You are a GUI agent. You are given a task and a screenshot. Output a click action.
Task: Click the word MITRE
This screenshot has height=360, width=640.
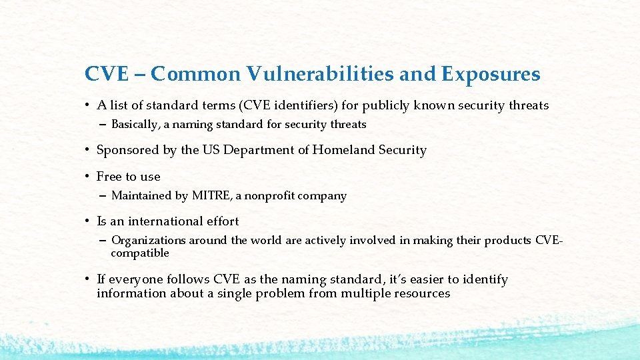tap(210, 196)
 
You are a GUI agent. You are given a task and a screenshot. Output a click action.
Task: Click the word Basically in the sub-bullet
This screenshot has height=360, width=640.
tap(136, 124)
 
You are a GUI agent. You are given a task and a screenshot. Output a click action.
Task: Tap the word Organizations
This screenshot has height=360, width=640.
tap(149, 240)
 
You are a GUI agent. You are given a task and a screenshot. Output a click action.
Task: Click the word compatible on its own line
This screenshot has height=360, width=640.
tap(140, 253)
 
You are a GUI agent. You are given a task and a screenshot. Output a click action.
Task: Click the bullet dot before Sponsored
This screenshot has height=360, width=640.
tap(87, 151)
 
